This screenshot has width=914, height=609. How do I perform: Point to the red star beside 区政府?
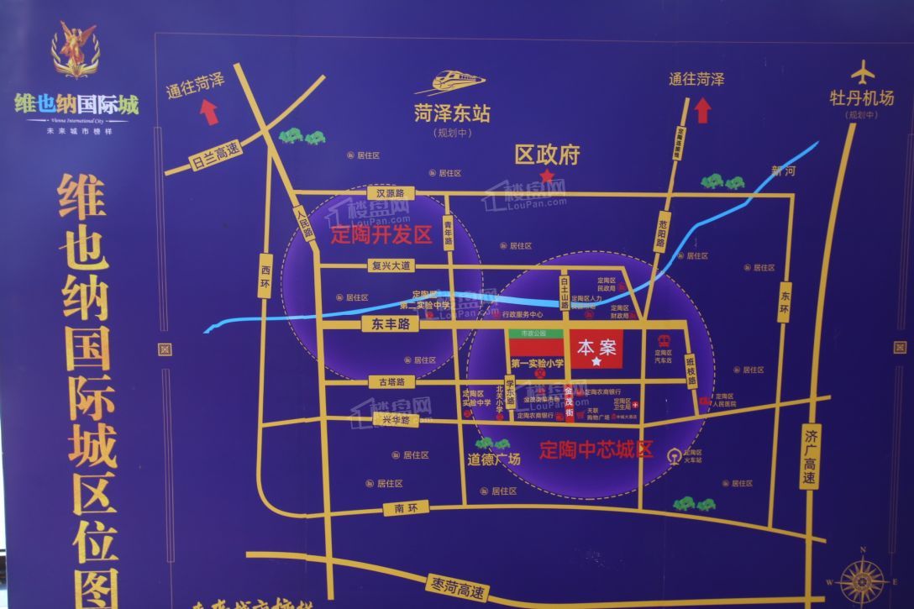point(547,175)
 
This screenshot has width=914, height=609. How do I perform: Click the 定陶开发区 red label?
point(381,234)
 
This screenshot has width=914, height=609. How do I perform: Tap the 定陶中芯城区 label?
point(596,449)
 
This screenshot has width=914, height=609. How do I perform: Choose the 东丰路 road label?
point(388,324)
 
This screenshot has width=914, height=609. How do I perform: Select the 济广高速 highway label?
point(810,459)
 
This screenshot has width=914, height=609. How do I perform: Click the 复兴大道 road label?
point(392,266)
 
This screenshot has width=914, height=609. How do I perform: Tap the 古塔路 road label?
point(391,382)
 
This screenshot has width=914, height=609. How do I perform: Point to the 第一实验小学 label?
point(537,364)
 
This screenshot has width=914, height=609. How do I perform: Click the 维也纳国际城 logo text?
point(76,105)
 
